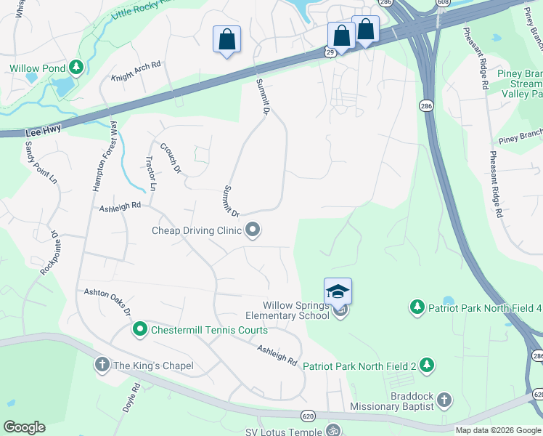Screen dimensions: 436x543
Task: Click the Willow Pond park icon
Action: (76, 68)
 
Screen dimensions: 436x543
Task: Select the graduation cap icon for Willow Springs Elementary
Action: (338, 292)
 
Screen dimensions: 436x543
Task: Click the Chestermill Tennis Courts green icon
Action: (140, 330)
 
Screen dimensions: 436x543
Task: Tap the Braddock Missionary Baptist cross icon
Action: (443, 400)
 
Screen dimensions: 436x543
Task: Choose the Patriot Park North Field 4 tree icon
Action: (417, 307)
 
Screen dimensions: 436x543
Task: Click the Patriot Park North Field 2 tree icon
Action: (428, 366)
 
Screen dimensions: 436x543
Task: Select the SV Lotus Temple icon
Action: (332, 430)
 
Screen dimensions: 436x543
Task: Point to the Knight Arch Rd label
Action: (136, 70)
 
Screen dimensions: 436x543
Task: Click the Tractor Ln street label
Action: (151, 173)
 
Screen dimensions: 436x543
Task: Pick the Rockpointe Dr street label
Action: (49, 252)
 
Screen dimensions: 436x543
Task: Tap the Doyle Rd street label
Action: (131, 396)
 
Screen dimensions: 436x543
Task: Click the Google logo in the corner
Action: (24, 427)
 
